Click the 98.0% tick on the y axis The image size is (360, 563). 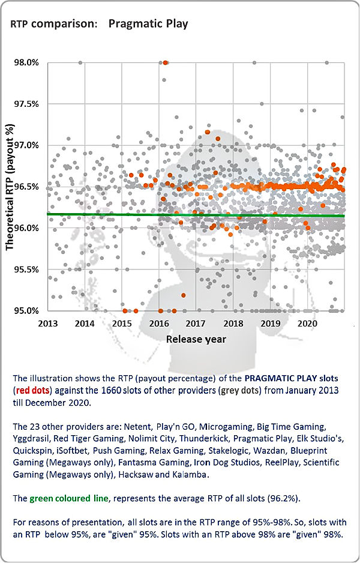[26, 62]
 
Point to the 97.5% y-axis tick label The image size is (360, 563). [26, 104]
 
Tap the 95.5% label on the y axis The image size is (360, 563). [26, 269]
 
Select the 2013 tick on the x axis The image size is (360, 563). [47, 324]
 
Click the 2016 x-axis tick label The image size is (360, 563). [159, 324]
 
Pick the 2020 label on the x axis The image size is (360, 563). [307, 324]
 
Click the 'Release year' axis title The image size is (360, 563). [196, 339]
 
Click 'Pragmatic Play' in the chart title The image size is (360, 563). [148, 24]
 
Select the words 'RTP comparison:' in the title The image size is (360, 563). [54, 24]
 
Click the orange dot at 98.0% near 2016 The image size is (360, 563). [166, 62]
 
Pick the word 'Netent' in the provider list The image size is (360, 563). [151, 426]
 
